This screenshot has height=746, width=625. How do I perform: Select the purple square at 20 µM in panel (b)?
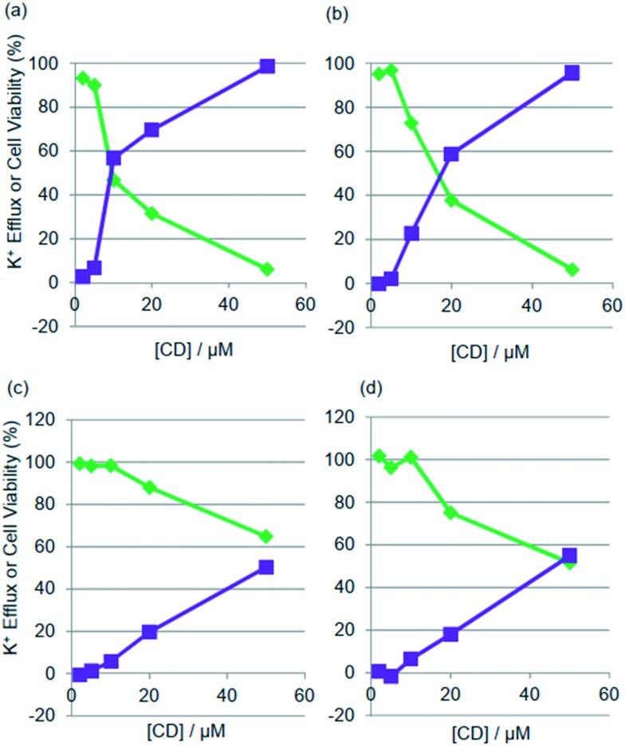(x=451, y=154)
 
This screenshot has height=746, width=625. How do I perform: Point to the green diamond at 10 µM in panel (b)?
(x=411, y=123)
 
